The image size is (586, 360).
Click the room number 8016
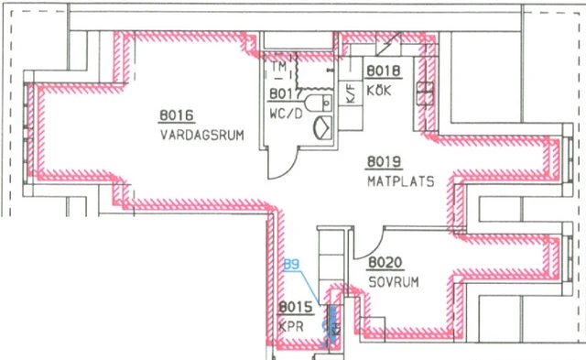(x=176, y=115)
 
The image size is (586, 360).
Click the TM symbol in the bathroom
(x=279, y=66)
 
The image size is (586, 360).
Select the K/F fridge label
(x=350, y=92)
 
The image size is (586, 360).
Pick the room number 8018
(x=383, y=71)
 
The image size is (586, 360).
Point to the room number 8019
(x=384, y=162)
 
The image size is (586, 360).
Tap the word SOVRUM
(x=394, y=282)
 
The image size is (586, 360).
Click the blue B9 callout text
(x=292, y=266)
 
